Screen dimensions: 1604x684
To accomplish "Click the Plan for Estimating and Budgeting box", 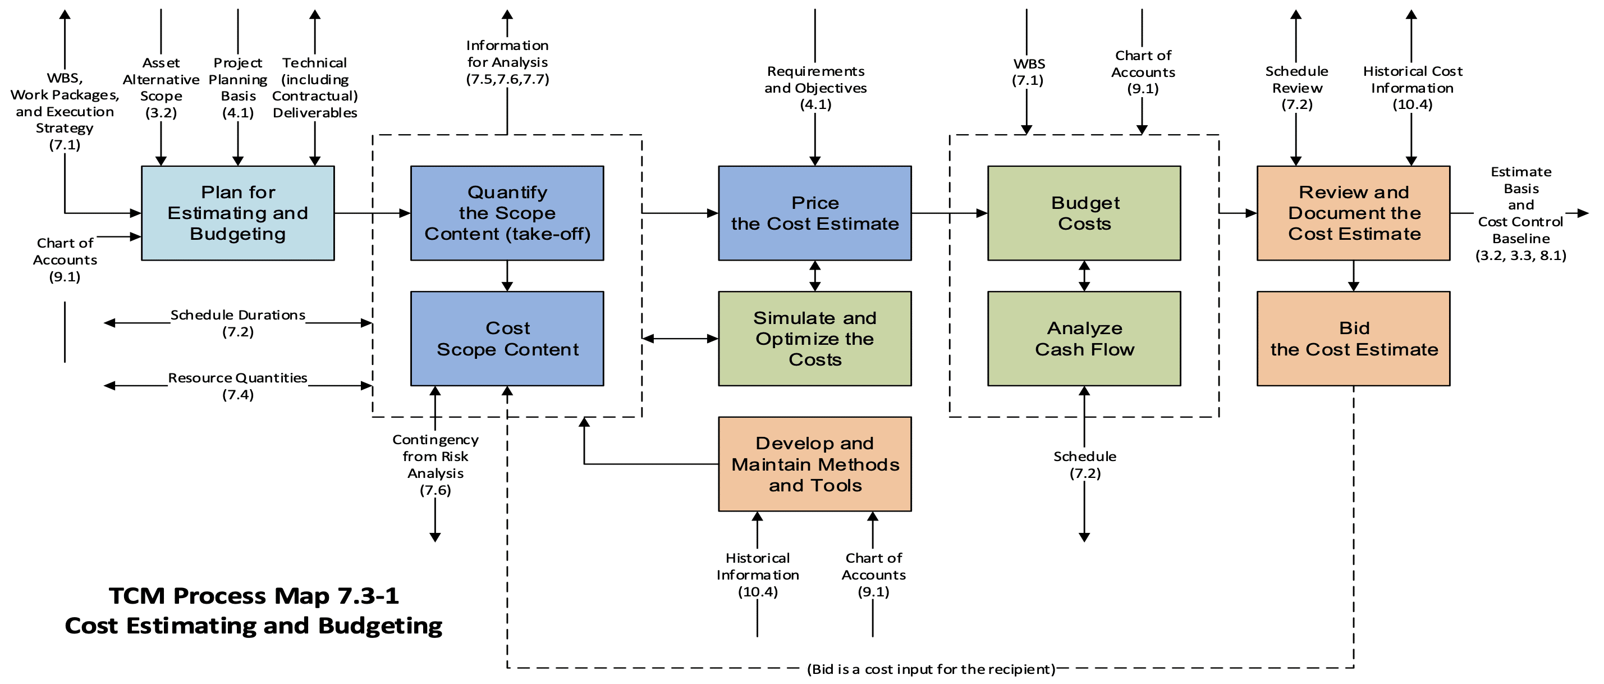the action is click(238, 213).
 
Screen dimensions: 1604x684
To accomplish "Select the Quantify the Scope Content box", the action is click(507, 213).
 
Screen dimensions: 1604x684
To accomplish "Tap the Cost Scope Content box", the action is click(507, 339).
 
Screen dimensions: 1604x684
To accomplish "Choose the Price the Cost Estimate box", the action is click(815, 213).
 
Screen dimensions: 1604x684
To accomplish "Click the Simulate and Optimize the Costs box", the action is click(815, 339).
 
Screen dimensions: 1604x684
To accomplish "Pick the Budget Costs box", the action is click(1084, 213).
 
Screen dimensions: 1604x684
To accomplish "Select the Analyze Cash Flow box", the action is click(1084, 339).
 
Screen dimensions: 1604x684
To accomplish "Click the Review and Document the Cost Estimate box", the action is click(1354, 213).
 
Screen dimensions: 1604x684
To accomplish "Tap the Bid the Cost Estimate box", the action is click(1354, 339).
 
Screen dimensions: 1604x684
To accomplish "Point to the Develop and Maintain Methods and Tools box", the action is click(815, 464).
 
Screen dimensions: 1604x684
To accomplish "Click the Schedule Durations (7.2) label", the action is click(238, 323).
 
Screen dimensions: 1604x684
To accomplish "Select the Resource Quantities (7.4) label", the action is click(238, 386).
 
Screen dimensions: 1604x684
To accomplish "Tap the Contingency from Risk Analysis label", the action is click(436, 465).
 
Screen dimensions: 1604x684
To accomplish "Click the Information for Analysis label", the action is click(507, 62).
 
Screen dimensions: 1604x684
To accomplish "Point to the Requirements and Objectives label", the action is click(815, 88).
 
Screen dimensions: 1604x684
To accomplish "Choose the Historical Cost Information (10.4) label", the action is click(1412, 88).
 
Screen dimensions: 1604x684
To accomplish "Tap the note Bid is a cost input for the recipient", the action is click(931, 669).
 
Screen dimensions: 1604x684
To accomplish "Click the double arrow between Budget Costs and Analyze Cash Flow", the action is click(1084, 276).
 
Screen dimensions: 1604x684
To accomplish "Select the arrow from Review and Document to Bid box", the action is click(1354, 276).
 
